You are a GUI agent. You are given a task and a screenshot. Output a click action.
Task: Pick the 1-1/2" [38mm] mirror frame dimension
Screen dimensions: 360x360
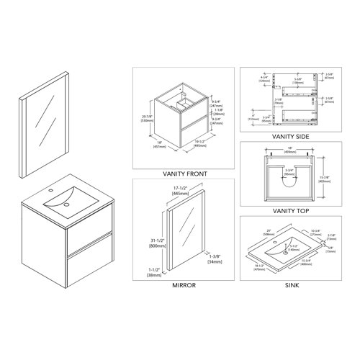click(153, 271)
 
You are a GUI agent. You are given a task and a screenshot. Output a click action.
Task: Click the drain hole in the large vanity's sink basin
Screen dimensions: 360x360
click(66, 204)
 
